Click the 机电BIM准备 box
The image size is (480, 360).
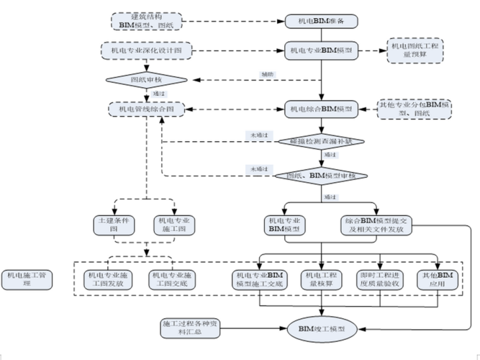point(322,22)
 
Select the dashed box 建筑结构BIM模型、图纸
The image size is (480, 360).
point(146,22)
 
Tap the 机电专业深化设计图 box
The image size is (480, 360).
point(146,51)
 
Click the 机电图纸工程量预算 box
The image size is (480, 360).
point(417,51)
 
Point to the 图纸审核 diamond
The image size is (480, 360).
point(146,79)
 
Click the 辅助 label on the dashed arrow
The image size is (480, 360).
point(267,75)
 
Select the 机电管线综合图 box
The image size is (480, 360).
point(146,109)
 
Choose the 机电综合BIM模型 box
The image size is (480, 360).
point(322,109)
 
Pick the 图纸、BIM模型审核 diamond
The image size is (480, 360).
point(322,176)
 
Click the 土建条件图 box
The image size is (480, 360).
point(113,224)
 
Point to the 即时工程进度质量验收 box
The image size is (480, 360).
point(382,279)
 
